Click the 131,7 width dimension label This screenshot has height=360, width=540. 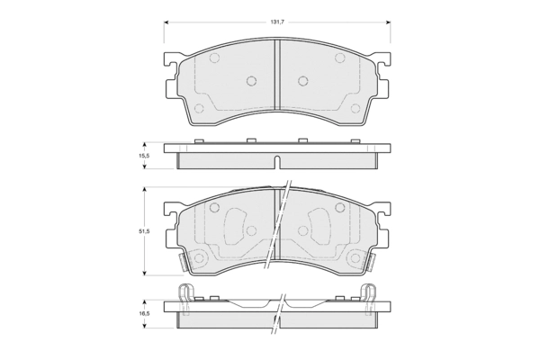click(277, 22)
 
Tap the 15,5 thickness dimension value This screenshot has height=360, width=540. click(144, 156)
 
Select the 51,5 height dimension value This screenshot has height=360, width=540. click(144, 231)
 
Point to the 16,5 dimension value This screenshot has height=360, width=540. click(144, 314)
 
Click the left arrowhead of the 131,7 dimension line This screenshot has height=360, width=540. click(166, 22)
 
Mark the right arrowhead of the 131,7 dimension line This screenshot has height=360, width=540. click(388, 22)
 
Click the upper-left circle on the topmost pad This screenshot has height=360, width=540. click(214, 58)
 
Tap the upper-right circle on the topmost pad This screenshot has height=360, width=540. click(340, 58)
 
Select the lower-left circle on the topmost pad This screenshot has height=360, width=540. click(199, 108)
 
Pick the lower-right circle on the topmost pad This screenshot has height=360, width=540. click(355, 108)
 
